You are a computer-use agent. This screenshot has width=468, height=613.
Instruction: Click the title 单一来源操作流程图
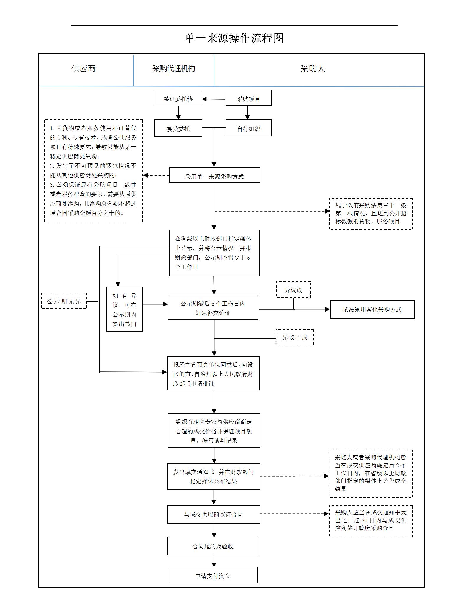point(234,38)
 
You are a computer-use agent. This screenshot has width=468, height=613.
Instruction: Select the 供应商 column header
point(83,69)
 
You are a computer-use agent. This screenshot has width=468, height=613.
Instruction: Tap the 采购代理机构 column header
point(174,69)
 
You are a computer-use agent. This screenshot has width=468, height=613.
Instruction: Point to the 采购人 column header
point(313,69)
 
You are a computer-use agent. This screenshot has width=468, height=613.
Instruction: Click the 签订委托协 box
point(178,98)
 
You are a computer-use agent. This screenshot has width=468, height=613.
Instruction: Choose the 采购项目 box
point(248,98)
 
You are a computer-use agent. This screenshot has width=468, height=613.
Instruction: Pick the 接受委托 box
point(178,128)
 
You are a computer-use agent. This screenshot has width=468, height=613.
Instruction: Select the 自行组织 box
point(248,128)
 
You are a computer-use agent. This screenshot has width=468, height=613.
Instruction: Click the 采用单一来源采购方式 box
point(214,176)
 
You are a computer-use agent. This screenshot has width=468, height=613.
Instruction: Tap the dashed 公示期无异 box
point(64,301)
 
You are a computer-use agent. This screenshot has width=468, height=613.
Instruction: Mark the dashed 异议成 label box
point(293,290)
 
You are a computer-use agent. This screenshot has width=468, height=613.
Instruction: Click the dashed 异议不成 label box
point(295,337)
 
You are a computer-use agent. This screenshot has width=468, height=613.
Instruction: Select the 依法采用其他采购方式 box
point(372,309)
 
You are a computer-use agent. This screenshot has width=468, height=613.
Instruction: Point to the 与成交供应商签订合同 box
point(214,514)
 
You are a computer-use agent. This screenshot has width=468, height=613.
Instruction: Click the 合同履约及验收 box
point(213,546)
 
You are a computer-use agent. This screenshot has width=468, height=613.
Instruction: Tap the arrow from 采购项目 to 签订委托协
point(214,99)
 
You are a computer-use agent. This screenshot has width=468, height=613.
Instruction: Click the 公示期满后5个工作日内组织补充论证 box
point(213,307)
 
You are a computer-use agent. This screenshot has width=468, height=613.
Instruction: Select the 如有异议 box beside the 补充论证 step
point(124,309)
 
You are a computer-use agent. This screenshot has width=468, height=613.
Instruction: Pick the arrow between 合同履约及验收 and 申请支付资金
point(214,561)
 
